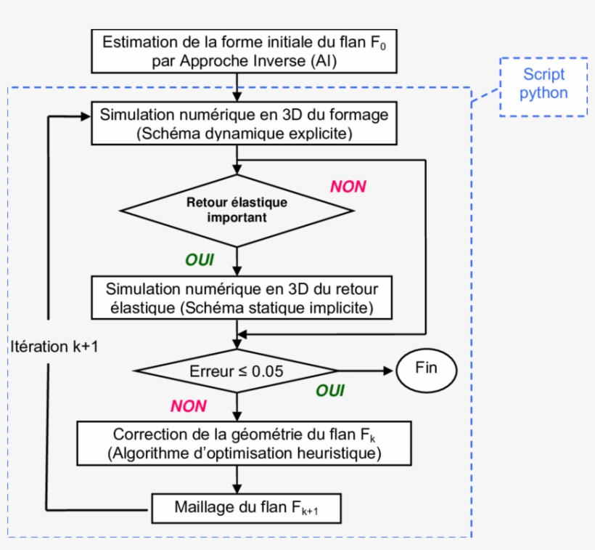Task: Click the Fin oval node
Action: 427,368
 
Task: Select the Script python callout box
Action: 543,86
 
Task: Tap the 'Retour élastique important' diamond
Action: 237,209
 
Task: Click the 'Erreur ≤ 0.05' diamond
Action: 237,371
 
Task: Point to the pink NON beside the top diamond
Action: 348,187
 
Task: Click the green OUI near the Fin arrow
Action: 329,391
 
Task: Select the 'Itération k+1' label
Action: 55,347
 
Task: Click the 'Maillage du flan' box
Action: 246,506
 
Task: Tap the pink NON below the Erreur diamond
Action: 189,406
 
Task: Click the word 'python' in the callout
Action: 543,94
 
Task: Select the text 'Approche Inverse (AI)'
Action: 244,61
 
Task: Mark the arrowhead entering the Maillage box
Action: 237,489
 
